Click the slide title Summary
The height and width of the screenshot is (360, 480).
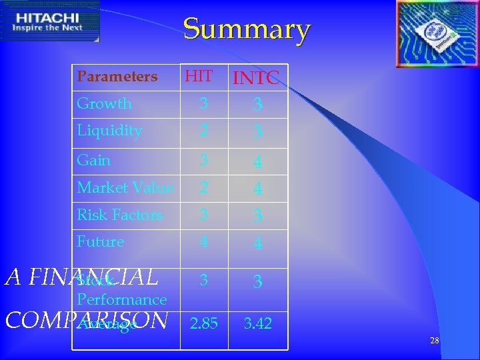coord(247,29)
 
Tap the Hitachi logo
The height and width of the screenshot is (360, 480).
coord(50,21)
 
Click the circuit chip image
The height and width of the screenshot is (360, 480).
coord(437,33)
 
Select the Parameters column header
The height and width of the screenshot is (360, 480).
coord(117,77)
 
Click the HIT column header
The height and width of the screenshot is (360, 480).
coord(199,77)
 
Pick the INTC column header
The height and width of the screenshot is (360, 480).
coord(257,79)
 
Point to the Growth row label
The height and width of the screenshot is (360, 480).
coord(105,104)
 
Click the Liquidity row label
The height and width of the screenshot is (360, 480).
coord(109,131)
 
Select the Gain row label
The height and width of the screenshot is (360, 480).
coord(94,160)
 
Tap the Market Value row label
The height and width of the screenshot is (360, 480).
coord(125,188)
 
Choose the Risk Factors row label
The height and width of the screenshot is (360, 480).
coord(120,215)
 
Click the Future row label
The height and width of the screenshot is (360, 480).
coord(101,242)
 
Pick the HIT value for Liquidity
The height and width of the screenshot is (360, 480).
coord(204,131)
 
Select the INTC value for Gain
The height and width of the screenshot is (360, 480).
coord(257,161)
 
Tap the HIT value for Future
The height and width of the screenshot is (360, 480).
coord(204,243)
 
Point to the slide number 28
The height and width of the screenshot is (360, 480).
coord(435,341)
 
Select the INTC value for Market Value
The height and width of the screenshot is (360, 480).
coord(257,189)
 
